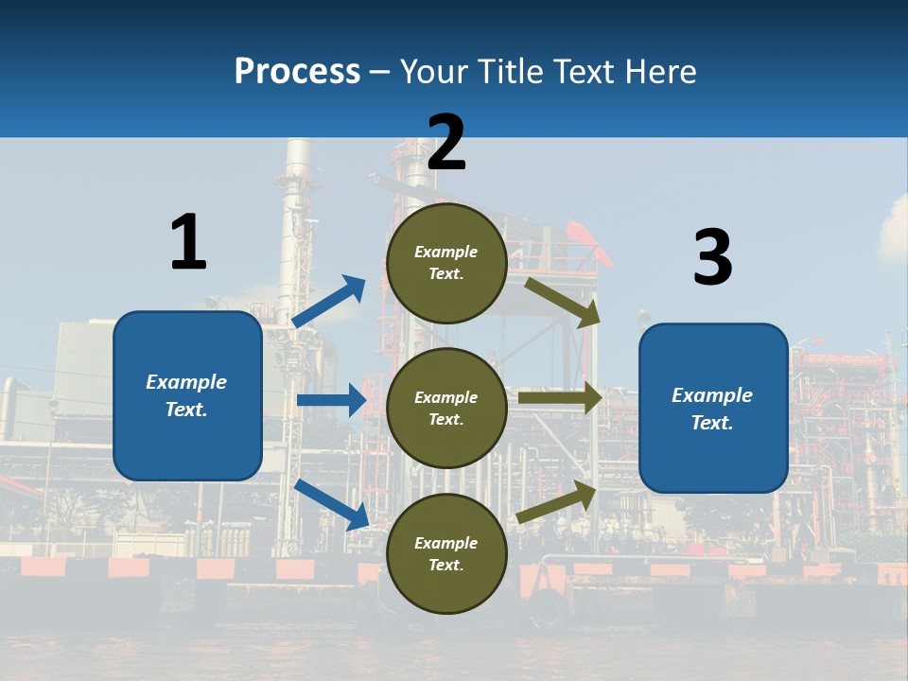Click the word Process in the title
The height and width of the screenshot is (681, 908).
tap(297, 71)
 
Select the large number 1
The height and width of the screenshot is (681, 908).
tap(188, 242)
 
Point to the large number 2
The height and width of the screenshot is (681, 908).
tap(446, 143)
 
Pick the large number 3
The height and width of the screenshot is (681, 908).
tap(712, 258)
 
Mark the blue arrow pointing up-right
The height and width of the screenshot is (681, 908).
tap(329, 301)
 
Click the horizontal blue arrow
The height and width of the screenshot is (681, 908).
tap(331, 400)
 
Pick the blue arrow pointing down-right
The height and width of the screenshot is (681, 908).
tap(332, 504)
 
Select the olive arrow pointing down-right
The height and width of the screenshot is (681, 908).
tap(563, 302)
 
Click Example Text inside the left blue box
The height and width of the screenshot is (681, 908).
tap(186, 395)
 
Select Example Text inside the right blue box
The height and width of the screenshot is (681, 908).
tap(712, 409)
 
